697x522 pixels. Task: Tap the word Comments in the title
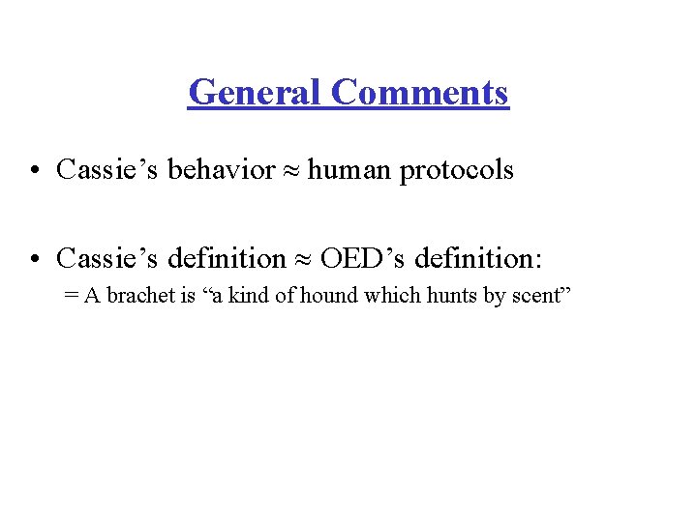pos(418,93)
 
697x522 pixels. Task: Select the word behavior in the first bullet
pos(222,170)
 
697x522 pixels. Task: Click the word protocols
pos(457,171)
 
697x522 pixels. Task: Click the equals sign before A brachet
pos(70,296)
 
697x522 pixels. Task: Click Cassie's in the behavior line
pos(108,170)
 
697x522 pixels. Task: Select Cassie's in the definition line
pos(108,258)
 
